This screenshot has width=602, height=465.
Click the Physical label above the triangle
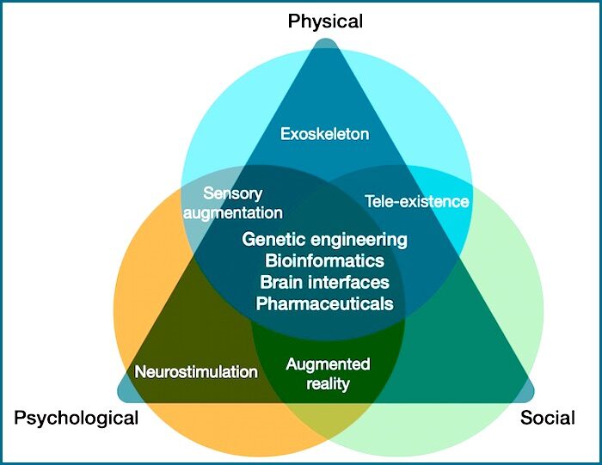(x=325, y=21)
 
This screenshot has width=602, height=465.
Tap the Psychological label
(x=76, y=419)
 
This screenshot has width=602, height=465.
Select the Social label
(x=548, y=418)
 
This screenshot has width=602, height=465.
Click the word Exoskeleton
(x=325, y=134)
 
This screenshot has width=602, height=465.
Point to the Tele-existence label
(x=417, y=201)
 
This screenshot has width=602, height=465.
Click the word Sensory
(x=233, y=193)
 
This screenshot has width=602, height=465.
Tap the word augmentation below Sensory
(x=233, y=213)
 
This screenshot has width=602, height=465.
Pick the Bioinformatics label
(x=324, y=261)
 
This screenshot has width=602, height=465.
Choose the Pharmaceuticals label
(x=324, y=304)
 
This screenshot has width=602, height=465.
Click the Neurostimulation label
(x=196, y=372)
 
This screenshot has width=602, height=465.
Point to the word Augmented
(x=328, y=364)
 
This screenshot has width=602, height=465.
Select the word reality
(x=328, y=383)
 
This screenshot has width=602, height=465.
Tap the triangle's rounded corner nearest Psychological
(x=124, y=396)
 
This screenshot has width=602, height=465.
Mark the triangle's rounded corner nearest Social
(x=527, y=396)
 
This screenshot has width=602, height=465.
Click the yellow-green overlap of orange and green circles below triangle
(x=328, y=421)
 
